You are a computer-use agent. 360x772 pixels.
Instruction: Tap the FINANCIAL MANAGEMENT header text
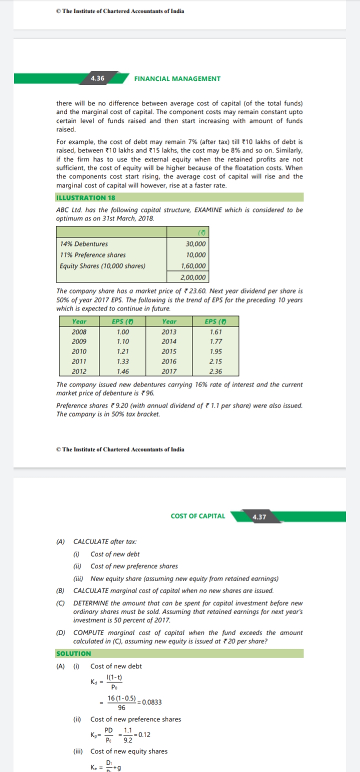177,78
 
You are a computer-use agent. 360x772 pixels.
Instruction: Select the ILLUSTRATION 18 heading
85,197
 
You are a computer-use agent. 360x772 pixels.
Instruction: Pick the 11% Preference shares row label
92,255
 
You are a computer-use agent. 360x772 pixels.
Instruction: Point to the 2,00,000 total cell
192,277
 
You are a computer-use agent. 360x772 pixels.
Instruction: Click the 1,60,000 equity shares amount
193,266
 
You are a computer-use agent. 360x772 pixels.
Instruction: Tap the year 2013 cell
169,331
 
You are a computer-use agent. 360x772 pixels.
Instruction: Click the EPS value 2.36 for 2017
216,371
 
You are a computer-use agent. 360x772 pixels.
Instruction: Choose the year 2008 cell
79,331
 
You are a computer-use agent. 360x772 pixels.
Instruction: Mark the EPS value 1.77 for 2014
216,341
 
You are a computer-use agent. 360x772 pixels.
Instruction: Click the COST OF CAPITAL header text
197,516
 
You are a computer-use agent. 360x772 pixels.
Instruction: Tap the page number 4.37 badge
259,516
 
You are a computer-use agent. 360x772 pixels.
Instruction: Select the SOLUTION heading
73,653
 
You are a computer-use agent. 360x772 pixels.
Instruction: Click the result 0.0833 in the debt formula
152,702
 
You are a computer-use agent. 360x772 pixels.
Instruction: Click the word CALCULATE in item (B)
91,590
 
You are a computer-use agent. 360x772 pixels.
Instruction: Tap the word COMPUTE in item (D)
88,632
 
